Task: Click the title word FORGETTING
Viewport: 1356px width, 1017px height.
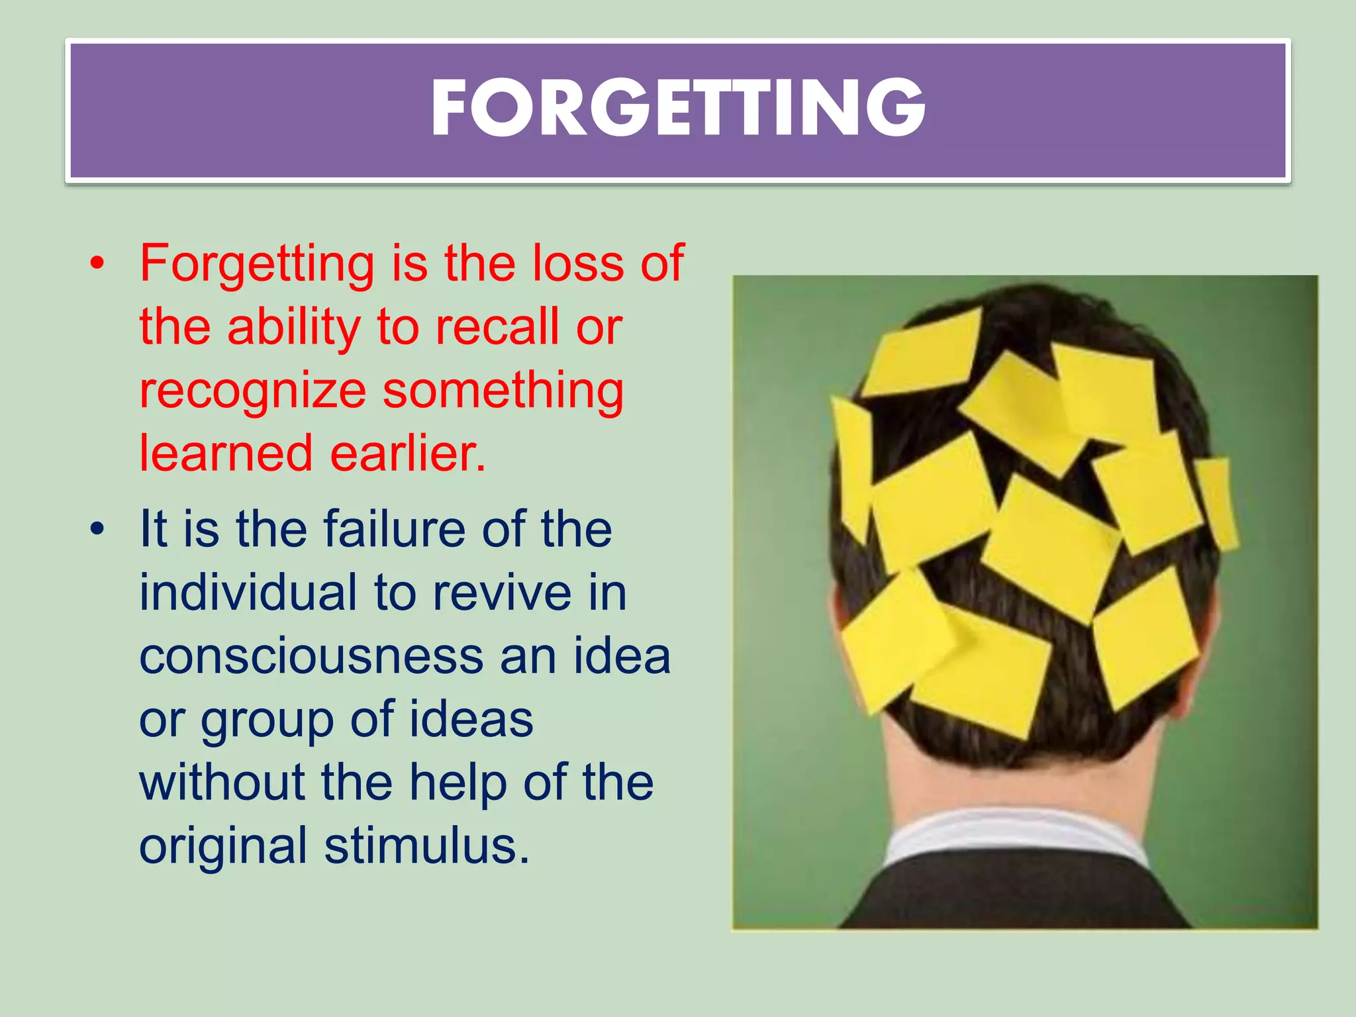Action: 677,107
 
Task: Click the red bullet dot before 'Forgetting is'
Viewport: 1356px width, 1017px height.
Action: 98,264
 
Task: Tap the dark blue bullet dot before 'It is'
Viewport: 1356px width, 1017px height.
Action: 98,530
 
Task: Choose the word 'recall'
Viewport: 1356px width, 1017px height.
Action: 497,327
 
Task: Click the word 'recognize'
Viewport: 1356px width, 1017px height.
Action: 252,391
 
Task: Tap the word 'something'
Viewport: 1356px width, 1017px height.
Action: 503,391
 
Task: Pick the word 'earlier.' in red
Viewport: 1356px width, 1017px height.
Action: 408,454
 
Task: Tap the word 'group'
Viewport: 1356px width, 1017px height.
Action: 267,720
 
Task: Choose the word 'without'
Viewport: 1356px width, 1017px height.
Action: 222,782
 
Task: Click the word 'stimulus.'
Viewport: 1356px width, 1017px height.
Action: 427,846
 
